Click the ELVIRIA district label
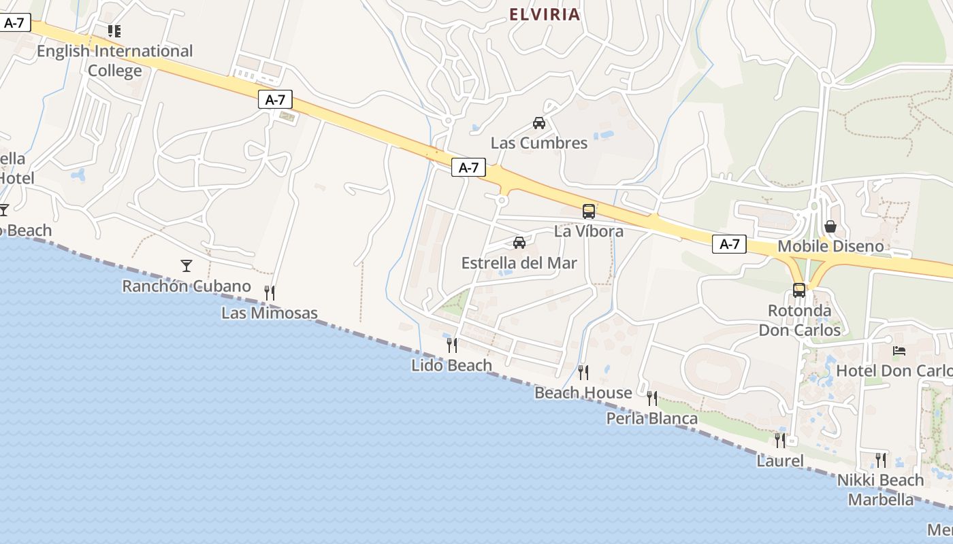click(545, 14)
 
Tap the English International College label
click(115, 61)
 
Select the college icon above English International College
click(114, 31)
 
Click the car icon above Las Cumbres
click(539, 123)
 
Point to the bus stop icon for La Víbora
click(589, 211)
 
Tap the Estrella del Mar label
click(519, 263)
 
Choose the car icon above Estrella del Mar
click(519, 243)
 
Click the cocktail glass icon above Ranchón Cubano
click(187, 265)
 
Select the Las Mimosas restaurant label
click(270, 313)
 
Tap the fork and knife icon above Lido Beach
click(452, 345)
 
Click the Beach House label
click(583, 392)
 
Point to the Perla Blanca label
click(652, 418)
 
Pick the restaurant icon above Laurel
click(780, 440)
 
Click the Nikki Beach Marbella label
click(881, 490)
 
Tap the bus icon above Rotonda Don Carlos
click(799, 290)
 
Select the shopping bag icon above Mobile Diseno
click(830, 226)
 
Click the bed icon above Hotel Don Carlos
click(899, 351)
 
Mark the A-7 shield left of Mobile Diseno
click(729, 244)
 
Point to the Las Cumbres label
click(539, 143)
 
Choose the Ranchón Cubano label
click(187, 286)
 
